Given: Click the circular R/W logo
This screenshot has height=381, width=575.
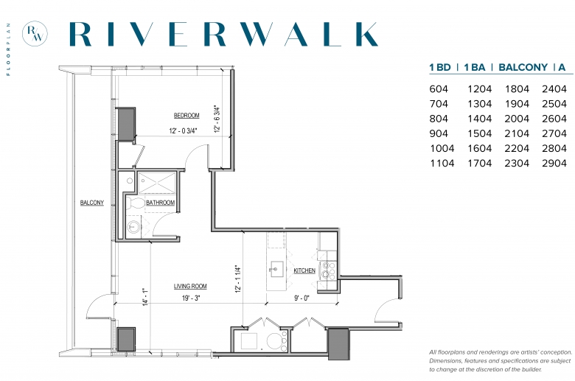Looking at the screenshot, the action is tap(35, 34).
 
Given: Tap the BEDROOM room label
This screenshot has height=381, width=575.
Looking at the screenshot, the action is tap(187, 116).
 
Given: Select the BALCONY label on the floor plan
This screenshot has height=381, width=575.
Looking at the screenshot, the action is tap(92, 203).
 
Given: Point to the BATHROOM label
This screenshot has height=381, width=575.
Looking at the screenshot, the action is tap(160, 203).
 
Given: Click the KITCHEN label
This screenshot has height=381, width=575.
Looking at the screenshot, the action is tap(304, 270).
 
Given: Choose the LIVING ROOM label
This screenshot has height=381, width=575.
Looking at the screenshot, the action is tap(190, 286).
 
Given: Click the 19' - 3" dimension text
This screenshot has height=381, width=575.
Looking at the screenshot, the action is tap(191, 298).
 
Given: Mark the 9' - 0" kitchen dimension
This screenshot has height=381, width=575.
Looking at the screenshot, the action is tap(302, 298).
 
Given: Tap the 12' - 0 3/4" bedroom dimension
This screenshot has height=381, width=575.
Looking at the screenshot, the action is tap(184, 130).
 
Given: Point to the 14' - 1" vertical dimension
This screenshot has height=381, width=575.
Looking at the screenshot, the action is tap(145, 297).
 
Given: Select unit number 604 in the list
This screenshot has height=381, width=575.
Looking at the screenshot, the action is tap(439, 89).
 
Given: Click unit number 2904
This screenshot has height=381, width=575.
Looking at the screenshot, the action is tap(554, 163).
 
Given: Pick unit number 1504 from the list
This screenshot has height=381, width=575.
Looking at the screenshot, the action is tap(480, 133).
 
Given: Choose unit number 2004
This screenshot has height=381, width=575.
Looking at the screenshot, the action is tap(517, 119).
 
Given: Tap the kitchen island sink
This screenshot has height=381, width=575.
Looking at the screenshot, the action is tap(276, 268).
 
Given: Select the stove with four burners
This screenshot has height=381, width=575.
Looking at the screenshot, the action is tap(329, 270).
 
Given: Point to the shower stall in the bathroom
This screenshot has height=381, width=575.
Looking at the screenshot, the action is tap(157, 183).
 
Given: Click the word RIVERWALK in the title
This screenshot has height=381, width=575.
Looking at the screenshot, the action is tap(223, 34).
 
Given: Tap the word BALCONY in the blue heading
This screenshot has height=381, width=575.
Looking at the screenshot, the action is tap(523, 68).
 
